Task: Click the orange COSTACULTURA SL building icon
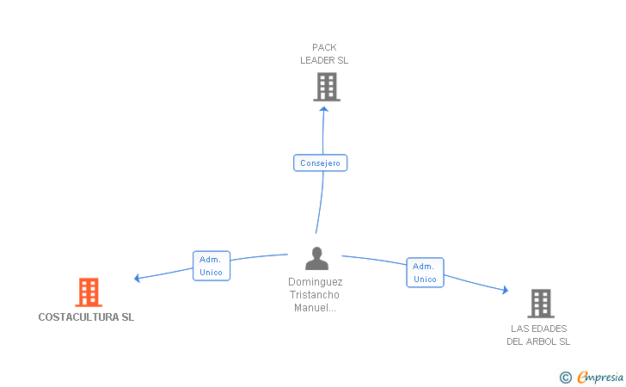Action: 89,292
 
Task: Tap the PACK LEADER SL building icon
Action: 327,87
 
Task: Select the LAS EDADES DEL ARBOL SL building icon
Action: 541,303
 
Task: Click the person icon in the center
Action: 317,258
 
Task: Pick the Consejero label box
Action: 320,163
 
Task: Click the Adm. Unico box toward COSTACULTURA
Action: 212,266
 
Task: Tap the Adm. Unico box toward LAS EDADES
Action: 425,273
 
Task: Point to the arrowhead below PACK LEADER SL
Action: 324,109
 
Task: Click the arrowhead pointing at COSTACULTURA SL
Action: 137,278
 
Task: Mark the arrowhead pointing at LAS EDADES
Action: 506,290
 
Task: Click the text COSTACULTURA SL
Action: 86,317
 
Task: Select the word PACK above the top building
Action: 324,47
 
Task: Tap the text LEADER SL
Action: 324,60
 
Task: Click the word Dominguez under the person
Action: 316,282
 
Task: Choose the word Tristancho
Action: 315,295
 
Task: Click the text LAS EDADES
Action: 539,329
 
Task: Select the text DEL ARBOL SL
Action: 538,341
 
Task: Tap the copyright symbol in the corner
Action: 566,377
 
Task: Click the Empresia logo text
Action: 600,377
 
